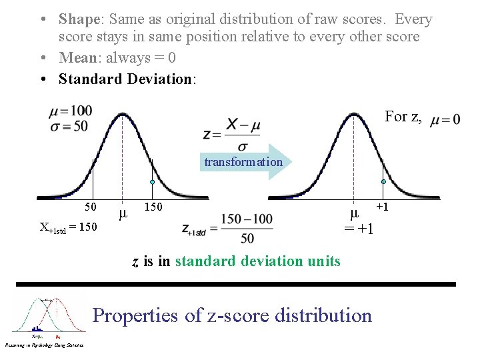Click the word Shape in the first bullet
pyautogui.click(x=79, y=20)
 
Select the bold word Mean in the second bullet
pyautogui.click(x=78, y=58)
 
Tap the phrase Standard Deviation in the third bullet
pyautogui.click(x=125, y=79)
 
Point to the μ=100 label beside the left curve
pyautogui.click(x=70, y=111)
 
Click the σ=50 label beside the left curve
pyautogui.click(x=68, y=125)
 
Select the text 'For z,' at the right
pyautogui.click(x=403, y=117)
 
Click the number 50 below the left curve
pyautogui.click(x=91, y=207)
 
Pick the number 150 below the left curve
pyautogui.click(x=153, y=207)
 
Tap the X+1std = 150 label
pyautogui.click(x=68, y=227)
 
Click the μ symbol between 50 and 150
pyautogui.click(x=122, y=214)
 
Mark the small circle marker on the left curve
pyautogui.click(x=152, y=182)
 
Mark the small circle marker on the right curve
pyautogui.click(x=383, y=181)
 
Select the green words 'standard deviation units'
pyautogui.click(x=257, y=261)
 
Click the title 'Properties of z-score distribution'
pyautogui.click(x=232, y=315)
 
